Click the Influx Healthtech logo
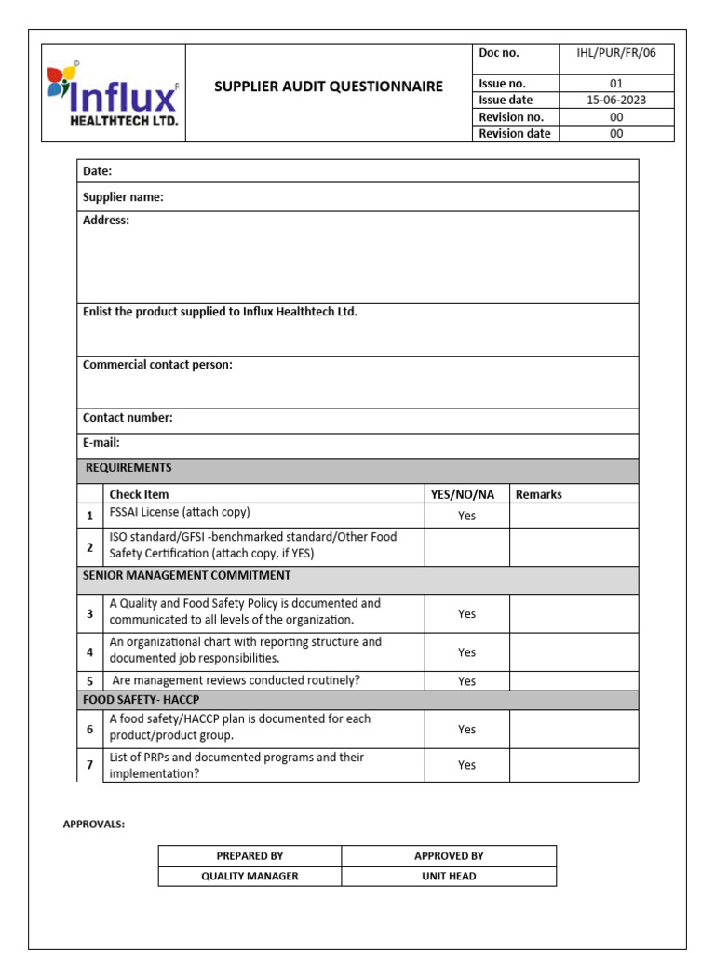(x=113, y=94)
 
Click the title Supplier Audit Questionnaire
(x=329, y=87)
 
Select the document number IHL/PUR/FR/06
(x=616, y=53)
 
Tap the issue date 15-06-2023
(x=616, y=101)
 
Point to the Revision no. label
(x=511, y=117)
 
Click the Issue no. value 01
(x=616, y=84)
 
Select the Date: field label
(x=98, y=171)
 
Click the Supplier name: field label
(x=123, y=197)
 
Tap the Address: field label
(x=106, y=221)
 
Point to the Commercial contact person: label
(x=157, y=365)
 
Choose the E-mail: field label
(x=101, y=443)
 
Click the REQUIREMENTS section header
(x=128, y=468)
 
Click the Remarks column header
(x=539, y=494)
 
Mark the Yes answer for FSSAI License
(x=466, y=516)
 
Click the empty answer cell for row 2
(x=466, y=546)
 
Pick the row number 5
(x=90, y=681)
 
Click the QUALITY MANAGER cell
(x=250, y=877)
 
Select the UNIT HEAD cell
(x=449, y=877)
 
